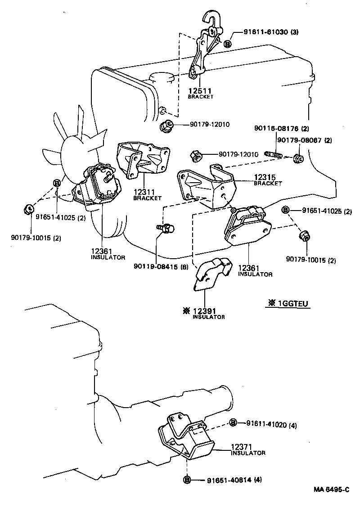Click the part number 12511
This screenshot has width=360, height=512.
pyautogui.click(x=200, y=90)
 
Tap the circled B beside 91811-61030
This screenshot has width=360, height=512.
pyautogui.click(x=227, y=44)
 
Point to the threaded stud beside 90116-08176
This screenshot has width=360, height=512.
pyautogui.click(x=274, y=156)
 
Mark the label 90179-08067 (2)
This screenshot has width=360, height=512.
pyautogui.click(x=304, y=140)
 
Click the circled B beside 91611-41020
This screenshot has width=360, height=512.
pyautogui.click(x=233, y=422)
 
